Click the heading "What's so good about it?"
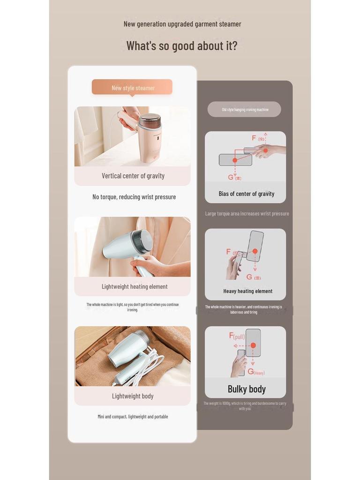click(x=181, y=46)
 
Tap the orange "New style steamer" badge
click(x=132, y=88)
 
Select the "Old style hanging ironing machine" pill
click(x=245, y=110)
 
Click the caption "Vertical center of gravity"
click(x=133, y=176)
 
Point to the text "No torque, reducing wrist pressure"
click(x=134, y=197)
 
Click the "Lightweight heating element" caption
click(x=135, y=286)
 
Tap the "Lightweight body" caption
click(x=133, y=396)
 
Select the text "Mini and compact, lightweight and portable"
click(x=133, y=417)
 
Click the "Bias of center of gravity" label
click(x=246, y=194)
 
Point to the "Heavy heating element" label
click(x=247, y=291)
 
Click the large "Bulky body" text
click(x=247, y=389)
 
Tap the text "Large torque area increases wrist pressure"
click(x=247, y=214)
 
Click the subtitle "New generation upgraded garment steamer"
click(x=182, y=24)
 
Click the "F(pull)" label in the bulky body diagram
click(x=237, y=336)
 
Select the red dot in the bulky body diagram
click(x=253, y=345)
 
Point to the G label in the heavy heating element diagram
click(x=250, y=277)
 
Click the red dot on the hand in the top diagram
click(x=265, y=150)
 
